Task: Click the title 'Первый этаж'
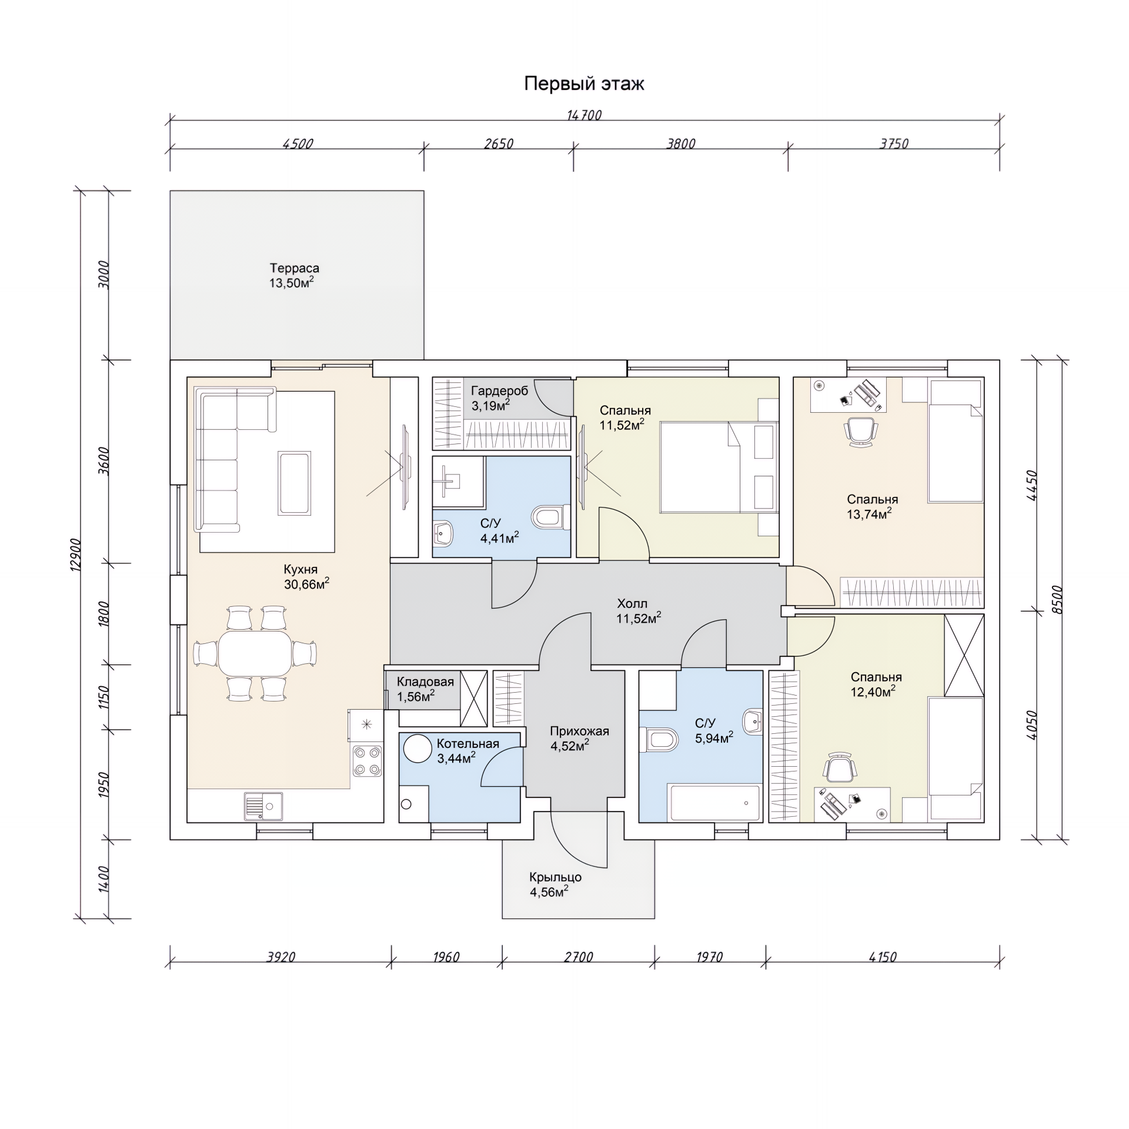click(x=584, y=84)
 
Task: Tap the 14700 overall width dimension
click(x=584, y=115)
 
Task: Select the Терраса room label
click(x=294, y=268)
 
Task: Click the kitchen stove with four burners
click(x=368, y=761)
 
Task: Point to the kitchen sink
click(x=263, y=806)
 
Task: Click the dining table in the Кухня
click(x=255, y=653)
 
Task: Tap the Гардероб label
click(x=499, y=391)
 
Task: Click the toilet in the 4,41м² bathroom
click(x=550, y=517)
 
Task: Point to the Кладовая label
click(x=425, y=682)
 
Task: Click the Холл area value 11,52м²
click(x=639, y=617)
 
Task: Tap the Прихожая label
click(x=579, y=731)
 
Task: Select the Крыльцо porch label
click(x=555, y=877)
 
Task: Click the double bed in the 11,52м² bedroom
click(x=719, y=466)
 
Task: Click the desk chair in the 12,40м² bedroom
click(x=839, y=768)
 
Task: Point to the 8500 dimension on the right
click(x=1058, y=600)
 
